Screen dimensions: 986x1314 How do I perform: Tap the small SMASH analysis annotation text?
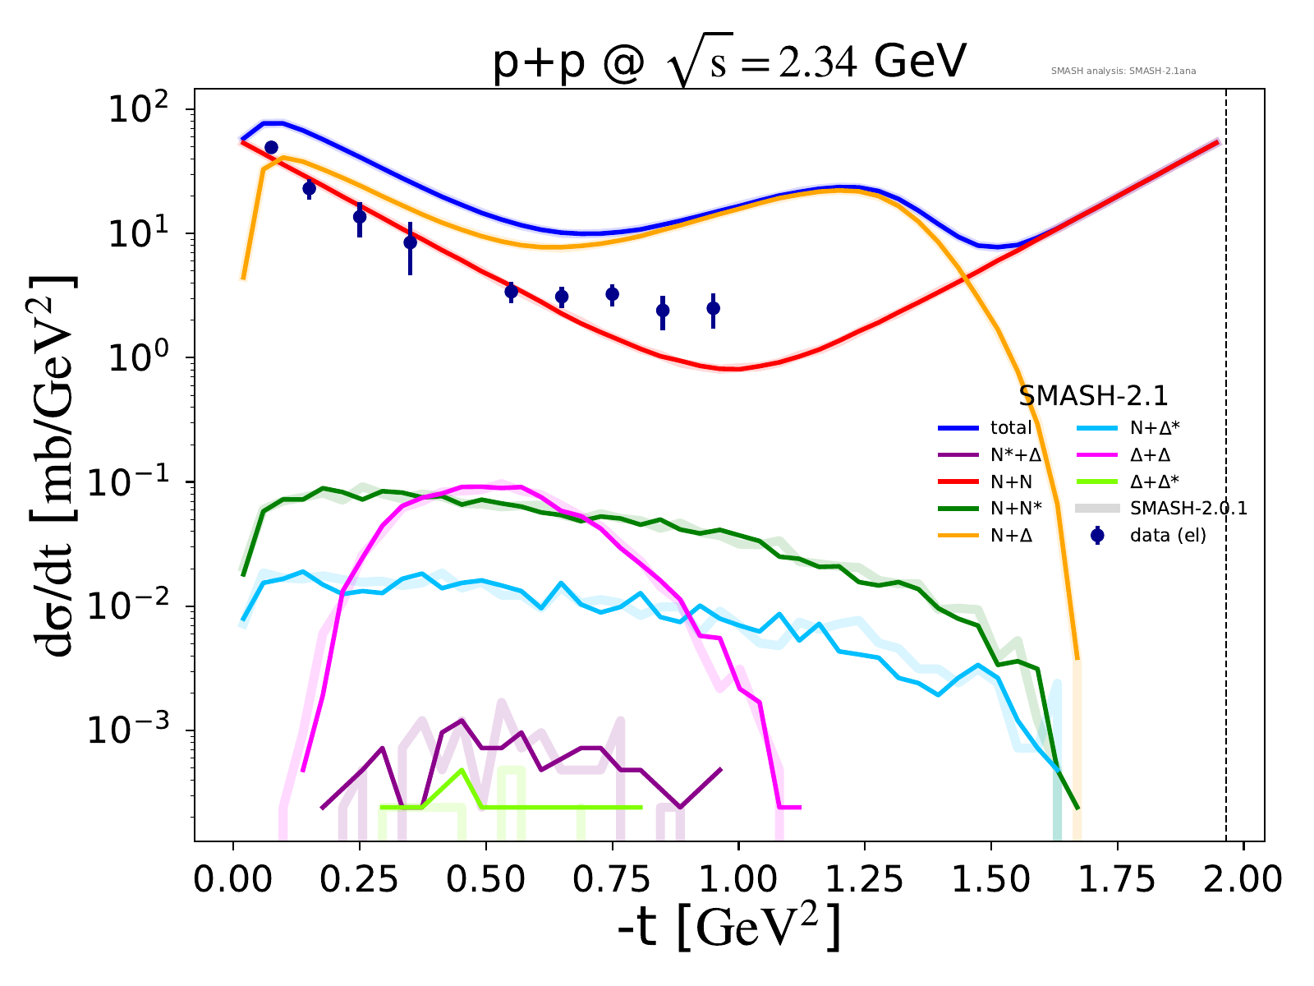point(1123,71)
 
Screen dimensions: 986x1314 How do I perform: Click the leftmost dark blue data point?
point(271,147)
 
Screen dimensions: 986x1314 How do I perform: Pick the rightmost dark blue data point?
point(714,308)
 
